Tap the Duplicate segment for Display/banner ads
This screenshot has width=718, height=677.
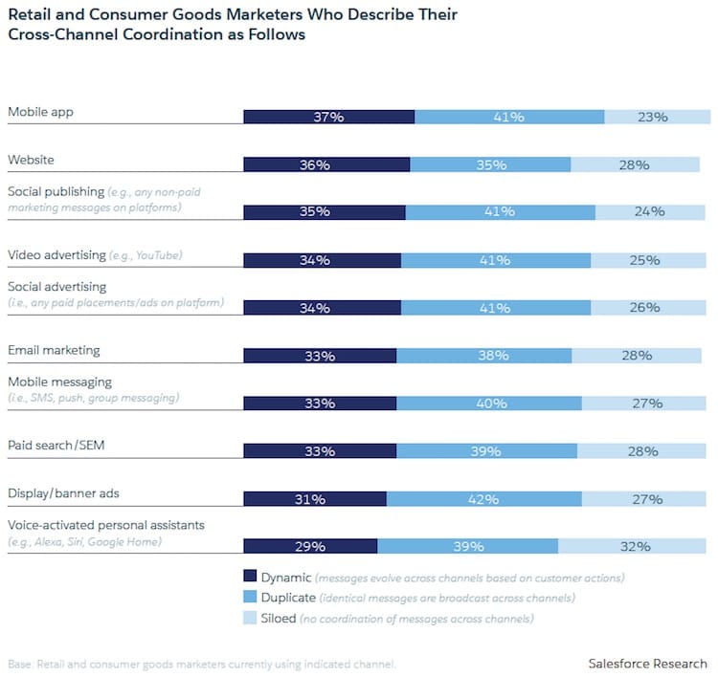483,499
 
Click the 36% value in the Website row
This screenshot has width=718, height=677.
314,164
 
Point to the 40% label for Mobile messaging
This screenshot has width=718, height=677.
491,404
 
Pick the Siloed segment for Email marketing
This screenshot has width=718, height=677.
636,356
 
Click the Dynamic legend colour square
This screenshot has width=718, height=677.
251,577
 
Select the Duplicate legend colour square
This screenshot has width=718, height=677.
251,598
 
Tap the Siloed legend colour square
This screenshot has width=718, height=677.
251,619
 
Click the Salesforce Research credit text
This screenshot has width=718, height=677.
647,664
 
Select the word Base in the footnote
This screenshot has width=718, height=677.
20,665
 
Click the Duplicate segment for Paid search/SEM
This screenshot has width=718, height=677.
486,451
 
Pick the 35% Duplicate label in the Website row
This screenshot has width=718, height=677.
491,164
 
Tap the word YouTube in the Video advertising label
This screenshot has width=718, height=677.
159,256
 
